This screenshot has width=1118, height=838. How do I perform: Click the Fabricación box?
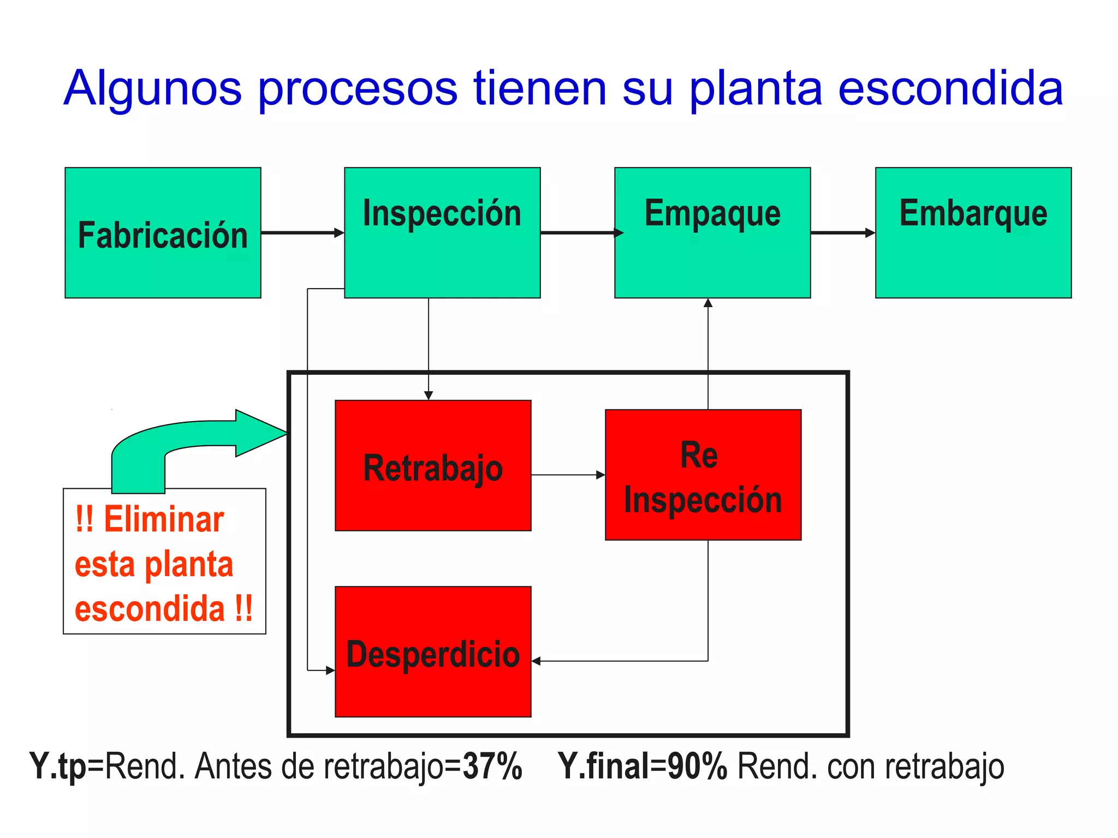(163, 233)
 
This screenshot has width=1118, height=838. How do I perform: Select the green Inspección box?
(442, 233)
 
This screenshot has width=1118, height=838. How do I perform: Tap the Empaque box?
(712, 233)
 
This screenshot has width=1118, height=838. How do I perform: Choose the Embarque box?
(973, 233)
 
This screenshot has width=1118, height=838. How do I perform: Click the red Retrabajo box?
(433, 465)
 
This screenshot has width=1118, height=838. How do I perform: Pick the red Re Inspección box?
(703, 475)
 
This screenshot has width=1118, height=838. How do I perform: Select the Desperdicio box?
(433, 651)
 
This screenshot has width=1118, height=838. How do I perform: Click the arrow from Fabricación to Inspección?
(302, 233)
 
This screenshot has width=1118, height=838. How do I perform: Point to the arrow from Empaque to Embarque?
(843, 233)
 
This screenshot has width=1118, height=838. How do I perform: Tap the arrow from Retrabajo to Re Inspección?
(568, 475)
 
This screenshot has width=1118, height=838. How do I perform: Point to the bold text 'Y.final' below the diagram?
(604, 766)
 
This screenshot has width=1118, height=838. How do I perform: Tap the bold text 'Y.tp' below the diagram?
(58, 766)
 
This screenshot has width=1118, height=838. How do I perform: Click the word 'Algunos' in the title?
(152, 88)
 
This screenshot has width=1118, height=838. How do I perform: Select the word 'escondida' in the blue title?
(950, 88)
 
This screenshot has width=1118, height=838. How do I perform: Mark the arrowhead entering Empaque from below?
(708, 303)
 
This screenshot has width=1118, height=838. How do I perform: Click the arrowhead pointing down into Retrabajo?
(429, 395)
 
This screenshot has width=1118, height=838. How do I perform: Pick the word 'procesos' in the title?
(357, 88)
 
